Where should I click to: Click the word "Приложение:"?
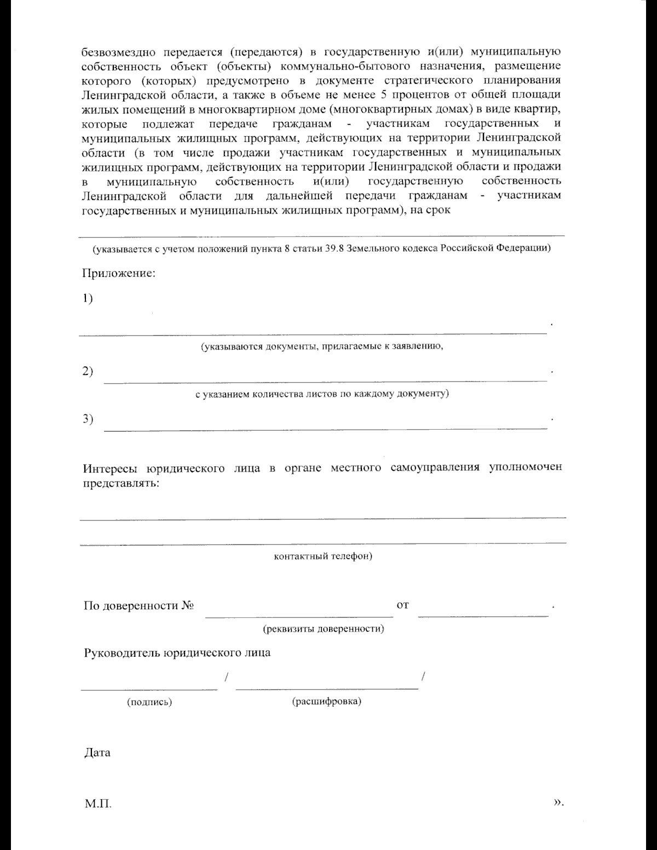(119, 273)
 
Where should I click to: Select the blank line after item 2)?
(325, 380)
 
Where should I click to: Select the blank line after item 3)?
(325, 428)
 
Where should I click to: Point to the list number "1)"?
(88, 298)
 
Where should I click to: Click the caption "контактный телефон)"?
(323, 557)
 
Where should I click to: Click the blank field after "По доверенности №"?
(299, 615)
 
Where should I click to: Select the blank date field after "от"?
(483, 615)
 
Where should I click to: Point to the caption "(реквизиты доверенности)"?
(324, 628)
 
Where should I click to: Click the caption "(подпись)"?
(149, 702)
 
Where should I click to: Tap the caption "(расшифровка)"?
(327, 701)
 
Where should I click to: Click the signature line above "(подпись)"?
(149, 687)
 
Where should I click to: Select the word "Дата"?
(97, 753)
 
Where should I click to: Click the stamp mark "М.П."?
(98, 804)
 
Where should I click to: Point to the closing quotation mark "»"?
(557, 802)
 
